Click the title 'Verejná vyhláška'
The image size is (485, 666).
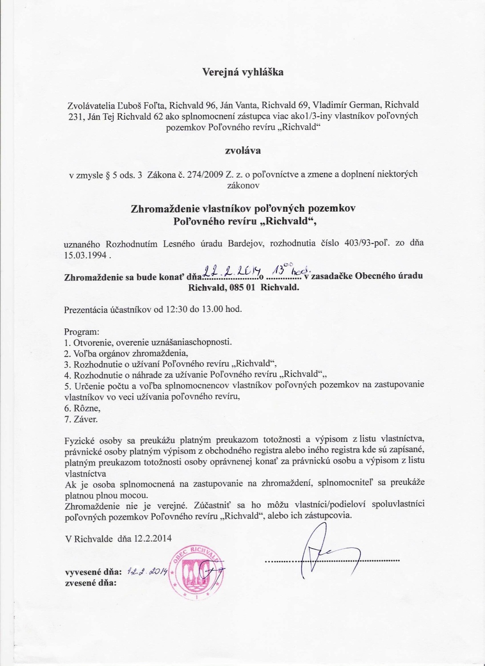pyautogui.click(x=242, y=73)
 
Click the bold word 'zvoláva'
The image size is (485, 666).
pyautogui.click(x=242, y=150)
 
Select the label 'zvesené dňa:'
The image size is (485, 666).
pyautogui.click(x=91, y=583)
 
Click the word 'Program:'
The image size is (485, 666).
pyautogui.click(x=81, y=332)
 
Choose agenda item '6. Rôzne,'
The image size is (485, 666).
pyautogui.click(x=82, y=408)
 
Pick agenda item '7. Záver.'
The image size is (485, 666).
pyautogui.click(x=81, y=419)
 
